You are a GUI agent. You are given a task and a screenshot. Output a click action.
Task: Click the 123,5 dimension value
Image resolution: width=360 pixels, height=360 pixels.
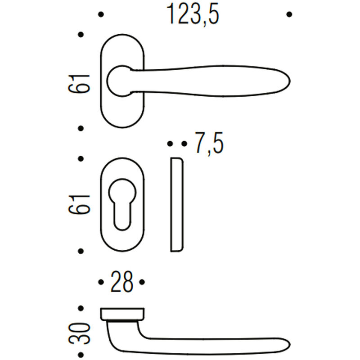pyautogui.click(x=193, y=14)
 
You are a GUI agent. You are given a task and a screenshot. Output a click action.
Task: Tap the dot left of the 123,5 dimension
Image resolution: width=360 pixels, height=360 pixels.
pyautogui.click(x=101, y=14)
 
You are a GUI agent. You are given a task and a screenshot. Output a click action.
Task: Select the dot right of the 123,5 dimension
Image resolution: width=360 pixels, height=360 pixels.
pyautogui.click(x=289, y=14)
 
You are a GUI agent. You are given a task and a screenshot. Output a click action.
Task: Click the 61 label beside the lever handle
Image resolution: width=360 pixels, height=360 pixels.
pyautogui.click(x=79, y=84)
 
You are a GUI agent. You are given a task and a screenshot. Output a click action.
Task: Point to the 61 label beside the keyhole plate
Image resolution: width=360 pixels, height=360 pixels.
pyautogui.click(x=79, y=205)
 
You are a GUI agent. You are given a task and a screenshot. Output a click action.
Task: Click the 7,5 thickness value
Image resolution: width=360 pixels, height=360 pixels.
pyautogui.click(x=209, y=143)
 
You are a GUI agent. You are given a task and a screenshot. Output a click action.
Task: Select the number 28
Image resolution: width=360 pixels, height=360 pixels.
pyautogui.click(x=121, y=282)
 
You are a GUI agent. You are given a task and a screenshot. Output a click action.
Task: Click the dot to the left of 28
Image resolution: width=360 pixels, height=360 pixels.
pyautogui.click(x=101, y=282)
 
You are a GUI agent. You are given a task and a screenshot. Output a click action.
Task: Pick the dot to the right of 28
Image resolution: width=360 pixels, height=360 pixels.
pyautogui.click(x=142, y=282)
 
